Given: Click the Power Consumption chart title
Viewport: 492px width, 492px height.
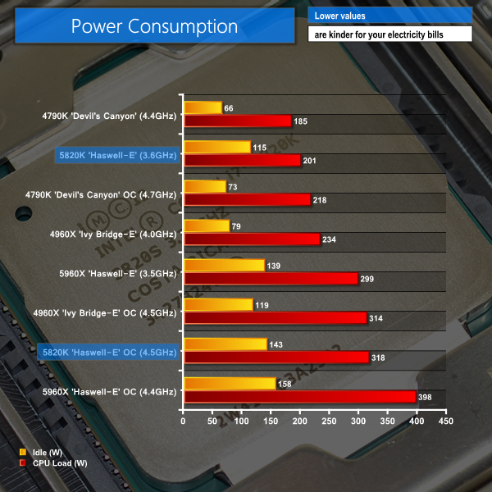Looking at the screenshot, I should pos(154,27).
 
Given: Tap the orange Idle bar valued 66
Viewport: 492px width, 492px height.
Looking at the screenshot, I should pos(203,107).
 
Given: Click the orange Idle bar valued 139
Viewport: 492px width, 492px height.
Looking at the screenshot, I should pos(224,265).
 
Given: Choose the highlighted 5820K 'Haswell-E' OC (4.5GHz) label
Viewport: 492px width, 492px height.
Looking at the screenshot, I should pos(107,352).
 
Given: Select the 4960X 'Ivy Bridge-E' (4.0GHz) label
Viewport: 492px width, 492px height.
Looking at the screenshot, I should pos(112,233).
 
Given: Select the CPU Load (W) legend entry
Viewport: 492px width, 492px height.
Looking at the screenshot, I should pos(52,463).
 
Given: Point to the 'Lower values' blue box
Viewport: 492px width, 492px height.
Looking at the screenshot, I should pos(390,16).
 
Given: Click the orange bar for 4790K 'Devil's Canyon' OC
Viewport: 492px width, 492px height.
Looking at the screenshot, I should pos(205,186).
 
